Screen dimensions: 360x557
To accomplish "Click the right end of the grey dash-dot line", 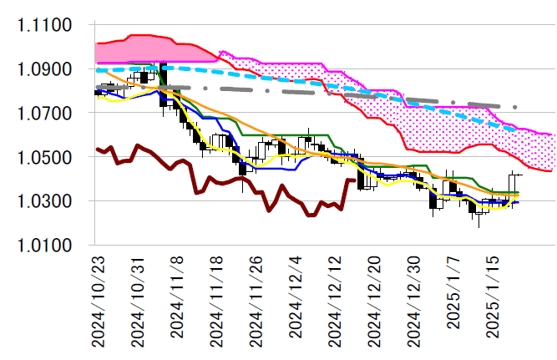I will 516,107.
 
